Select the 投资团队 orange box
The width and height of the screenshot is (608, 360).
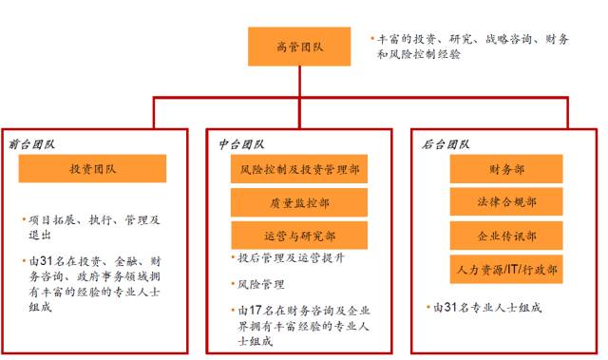[x=92, y=169]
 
